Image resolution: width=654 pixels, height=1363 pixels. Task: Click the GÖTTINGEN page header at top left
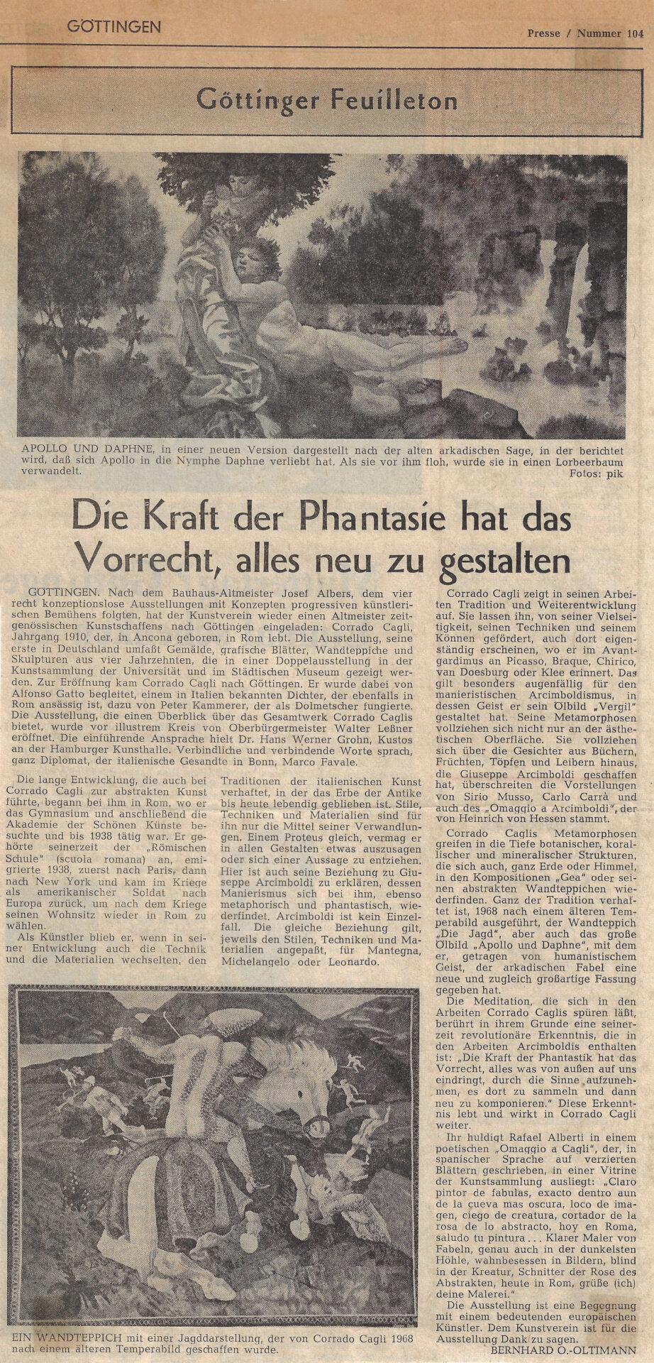click(x=114, y=28)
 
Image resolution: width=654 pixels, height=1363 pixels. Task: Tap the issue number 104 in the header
click(x=629, y=32)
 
